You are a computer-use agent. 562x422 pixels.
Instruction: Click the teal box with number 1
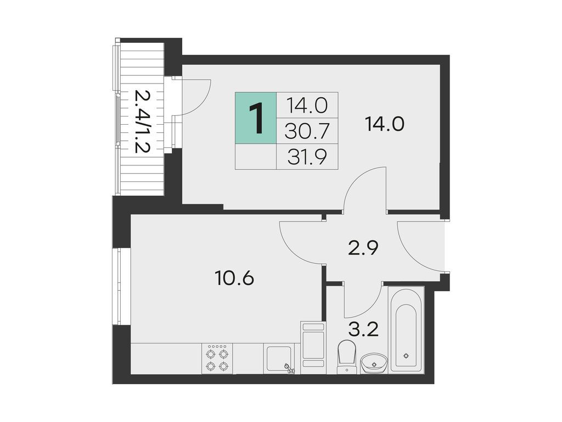[256, 118]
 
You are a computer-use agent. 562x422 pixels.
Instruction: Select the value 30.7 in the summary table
[307, 131]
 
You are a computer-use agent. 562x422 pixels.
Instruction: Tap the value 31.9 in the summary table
[307, 157]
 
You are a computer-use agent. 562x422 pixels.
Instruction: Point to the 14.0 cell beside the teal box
[307, 105]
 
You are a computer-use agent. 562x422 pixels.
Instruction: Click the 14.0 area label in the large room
[385, 124]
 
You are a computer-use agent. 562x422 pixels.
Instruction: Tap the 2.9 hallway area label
[363, 248]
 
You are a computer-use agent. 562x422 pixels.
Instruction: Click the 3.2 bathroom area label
[364, 329]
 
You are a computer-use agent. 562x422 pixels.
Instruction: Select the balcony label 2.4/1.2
[142, 121]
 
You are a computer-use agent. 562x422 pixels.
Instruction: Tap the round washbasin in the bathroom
[374, 363]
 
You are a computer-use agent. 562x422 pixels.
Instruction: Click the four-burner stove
[217, 358]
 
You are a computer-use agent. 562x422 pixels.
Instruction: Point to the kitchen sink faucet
[289, 368]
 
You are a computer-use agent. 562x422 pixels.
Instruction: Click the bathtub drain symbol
[406, 356]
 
